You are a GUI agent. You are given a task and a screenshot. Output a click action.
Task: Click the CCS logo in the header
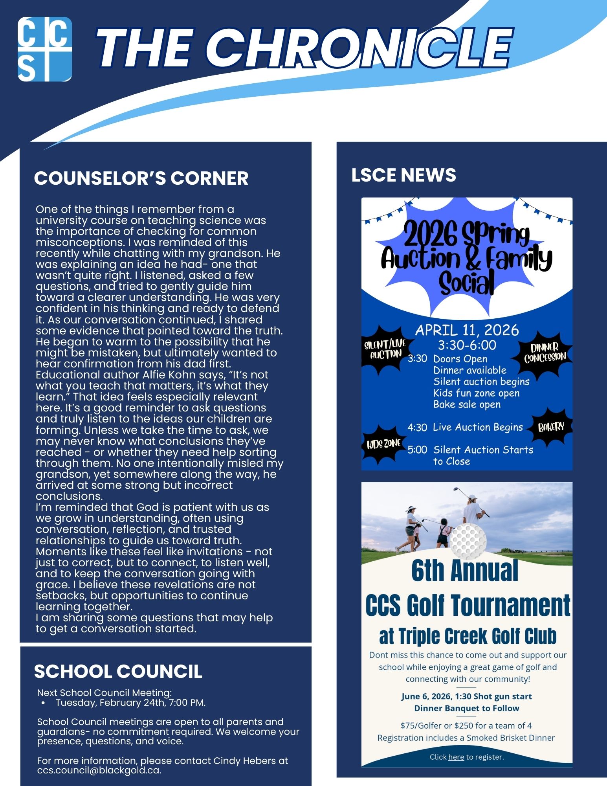pos(45,49)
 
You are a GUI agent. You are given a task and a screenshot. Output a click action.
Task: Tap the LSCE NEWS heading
pos(403,175)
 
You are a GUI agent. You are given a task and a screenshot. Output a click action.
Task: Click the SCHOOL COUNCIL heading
pos(118,671)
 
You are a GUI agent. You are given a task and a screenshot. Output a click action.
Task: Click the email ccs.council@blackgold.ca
pos(99,770)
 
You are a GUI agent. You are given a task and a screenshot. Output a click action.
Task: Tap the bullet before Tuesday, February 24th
pos(43,703)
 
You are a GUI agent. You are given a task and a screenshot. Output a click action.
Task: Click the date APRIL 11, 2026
pos(467,330)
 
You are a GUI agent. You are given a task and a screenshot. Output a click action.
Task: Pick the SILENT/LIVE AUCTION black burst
pos(385,349)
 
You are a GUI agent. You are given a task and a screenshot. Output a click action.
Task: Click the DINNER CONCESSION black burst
pos(545,353)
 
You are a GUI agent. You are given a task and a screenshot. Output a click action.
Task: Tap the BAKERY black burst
pos(551,427)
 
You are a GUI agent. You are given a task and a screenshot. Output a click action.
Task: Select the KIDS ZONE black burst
pos(383,444)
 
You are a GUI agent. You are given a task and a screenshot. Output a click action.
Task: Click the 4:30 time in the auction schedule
pos(417,427)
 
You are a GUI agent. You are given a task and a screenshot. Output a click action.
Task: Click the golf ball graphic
pos(468,538)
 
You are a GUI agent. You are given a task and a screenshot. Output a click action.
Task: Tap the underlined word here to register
pos(456,757)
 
